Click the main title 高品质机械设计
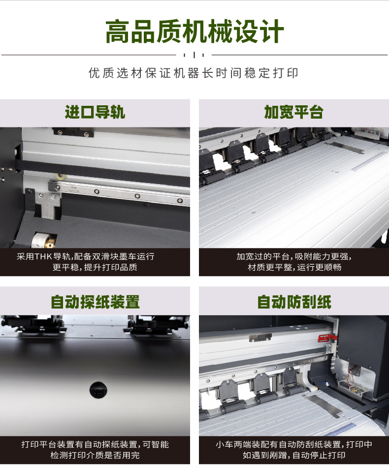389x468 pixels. click(x=194, y=31)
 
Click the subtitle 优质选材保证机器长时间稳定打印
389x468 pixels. click(x=194, y=73)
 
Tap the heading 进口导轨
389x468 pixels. click(x=95, y=112)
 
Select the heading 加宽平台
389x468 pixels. click(x=294, y=112)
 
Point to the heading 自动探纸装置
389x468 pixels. click(x=95, y=302)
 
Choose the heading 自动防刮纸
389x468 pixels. click(x=294, y=302)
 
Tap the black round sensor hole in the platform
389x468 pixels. click(x=98, y=390)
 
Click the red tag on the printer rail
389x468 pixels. click(x=327, y=338)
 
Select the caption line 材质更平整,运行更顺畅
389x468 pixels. click(x=294, y=267)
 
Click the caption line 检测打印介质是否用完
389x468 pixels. click(x=95, y=455)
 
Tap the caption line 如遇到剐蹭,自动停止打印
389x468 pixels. click(x=294, y=455)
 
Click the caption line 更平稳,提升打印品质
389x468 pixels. click(x=95, y=267)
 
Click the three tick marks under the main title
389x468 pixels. click(x=194, y=55)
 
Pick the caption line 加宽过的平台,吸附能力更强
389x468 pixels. click(x=294, y=256)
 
